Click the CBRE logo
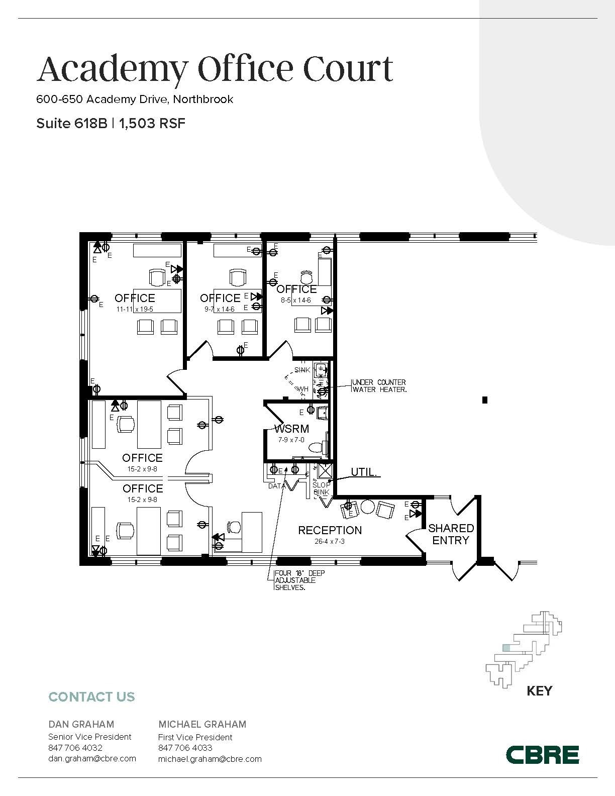coord(542,755)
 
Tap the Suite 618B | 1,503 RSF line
coord(111,123)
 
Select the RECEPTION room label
coord(330,530)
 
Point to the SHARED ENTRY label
coord(451,534)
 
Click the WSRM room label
coord(291,429)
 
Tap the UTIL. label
coord(364,473)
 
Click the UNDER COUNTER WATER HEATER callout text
coord(379,386)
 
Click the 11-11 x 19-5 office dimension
coord(135,309)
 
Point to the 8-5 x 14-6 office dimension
coord(295,300)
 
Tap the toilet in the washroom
coord(317,447)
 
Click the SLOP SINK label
coord(322,488)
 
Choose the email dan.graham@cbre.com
coord(92,758)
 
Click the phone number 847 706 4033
coord(185,748)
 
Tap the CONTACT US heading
coord(91,697)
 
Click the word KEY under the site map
coord(539,691)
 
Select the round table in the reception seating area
coord(368,507)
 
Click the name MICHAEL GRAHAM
coord(202,724)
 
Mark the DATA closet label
coord(276,486)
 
